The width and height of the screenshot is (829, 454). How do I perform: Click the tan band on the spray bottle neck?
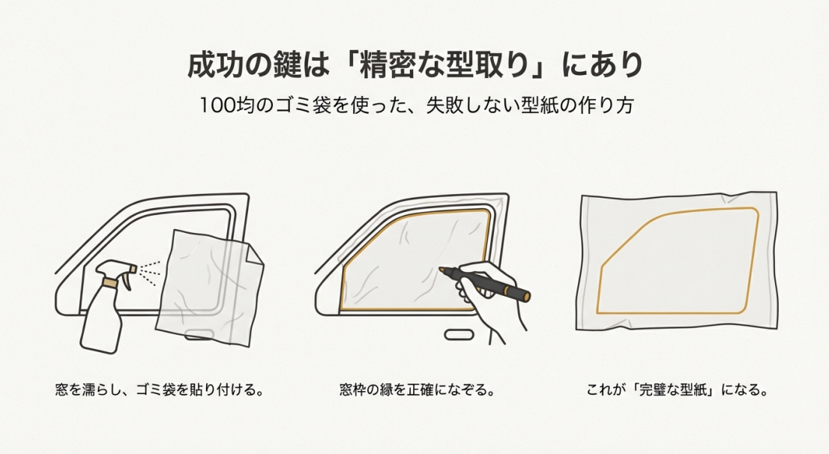pos(109,283)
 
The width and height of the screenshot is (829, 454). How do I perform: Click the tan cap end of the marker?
pos(528,297)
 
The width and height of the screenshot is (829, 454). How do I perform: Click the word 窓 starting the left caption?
pos(61,390)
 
